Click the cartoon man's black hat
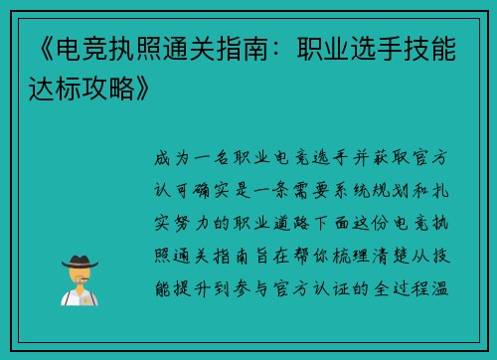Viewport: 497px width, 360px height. tap(79, 261)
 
